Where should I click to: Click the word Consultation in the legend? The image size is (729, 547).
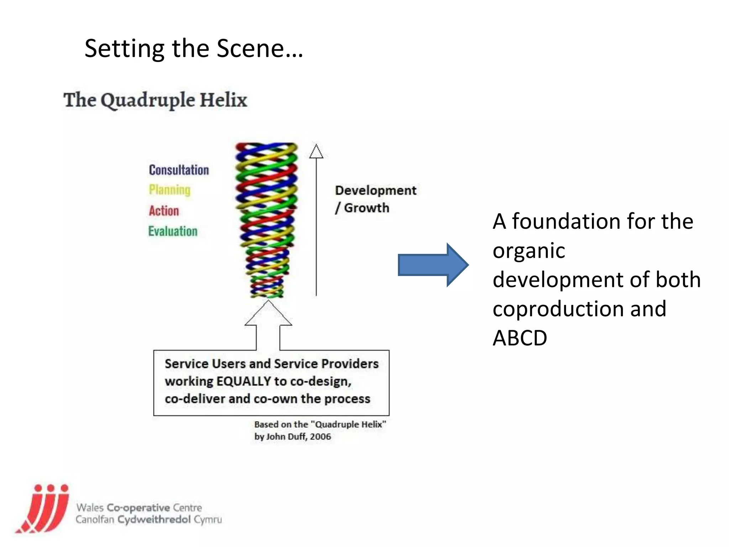[179, 170]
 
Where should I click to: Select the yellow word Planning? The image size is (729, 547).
[169, 189]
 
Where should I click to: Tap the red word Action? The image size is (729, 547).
[164, 210]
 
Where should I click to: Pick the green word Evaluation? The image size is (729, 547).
[173, 231]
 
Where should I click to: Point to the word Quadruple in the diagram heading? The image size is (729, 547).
[148, 100]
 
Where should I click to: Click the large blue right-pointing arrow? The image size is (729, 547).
[433, 265]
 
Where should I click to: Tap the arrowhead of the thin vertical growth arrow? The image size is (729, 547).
[316, 152]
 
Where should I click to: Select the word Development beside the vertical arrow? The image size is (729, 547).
[376, 190]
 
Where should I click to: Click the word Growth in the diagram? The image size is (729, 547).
[367, 208]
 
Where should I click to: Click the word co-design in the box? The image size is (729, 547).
[320, 381]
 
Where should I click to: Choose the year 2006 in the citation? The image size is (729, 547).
[320, 436]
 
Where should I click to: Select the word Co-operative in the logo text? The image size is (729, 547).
[138, 507]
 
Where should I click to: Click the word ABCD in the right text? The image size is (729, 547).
[520, 338]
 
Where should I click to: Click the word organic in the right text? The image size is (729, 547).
[529, 250]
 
